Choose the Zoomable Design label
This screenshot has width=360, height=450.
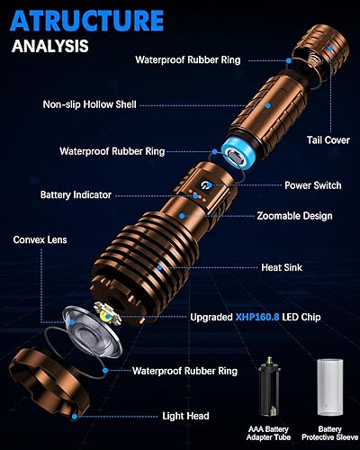point(294,216)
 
